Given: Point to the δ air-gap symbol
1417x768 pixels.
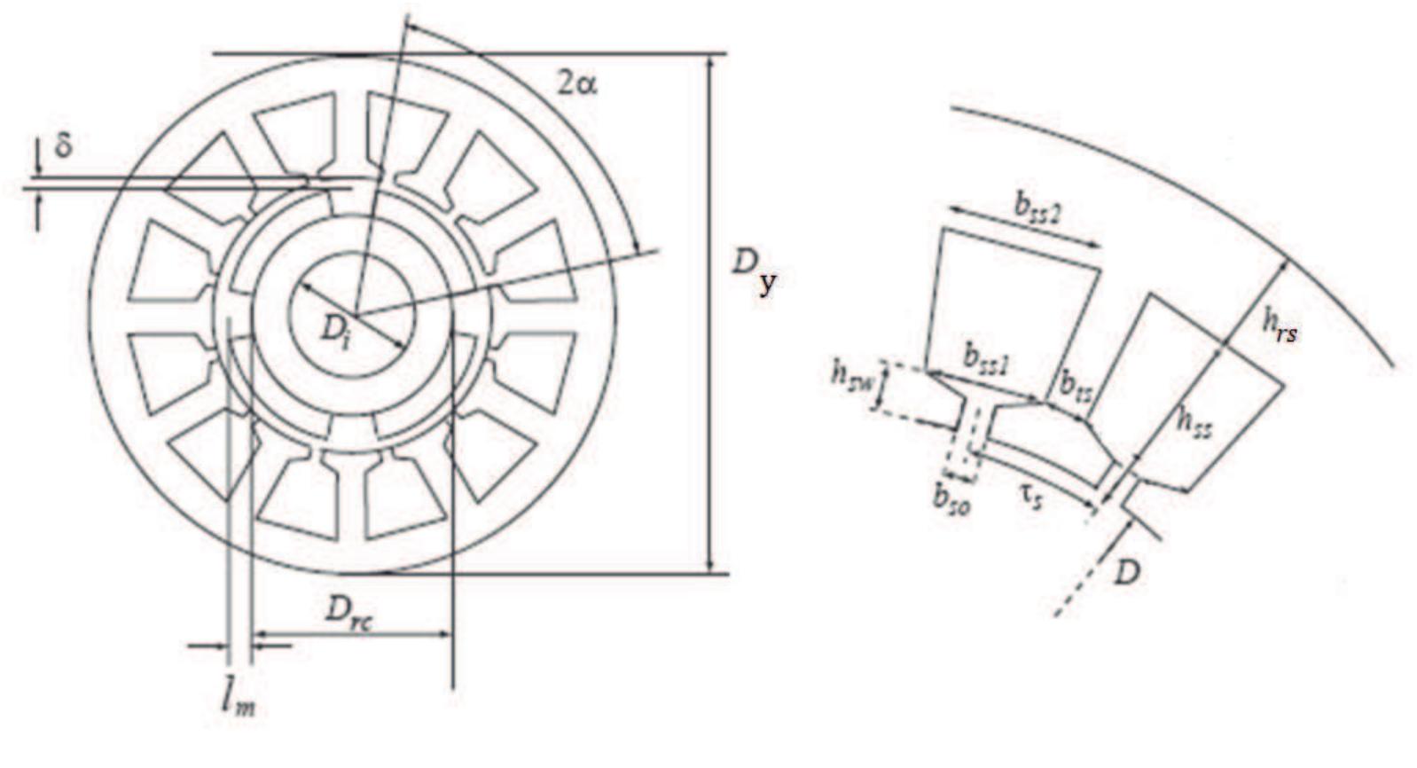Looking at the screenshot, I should pos(64,146).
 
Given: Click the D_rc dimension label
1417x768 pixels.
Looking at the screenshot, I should pos(348,611).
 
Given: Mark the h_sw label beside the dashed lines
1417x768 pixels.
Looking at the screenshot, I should pos(851,376).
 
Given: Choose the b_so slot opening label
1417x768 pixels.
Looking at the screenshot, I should pos(951,498).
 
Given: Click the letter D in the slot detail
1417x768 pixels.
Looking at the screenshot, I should pos(1126,574).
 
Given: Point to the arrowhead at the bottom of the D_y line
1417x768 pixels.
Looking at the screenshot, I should pos(708,566).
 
